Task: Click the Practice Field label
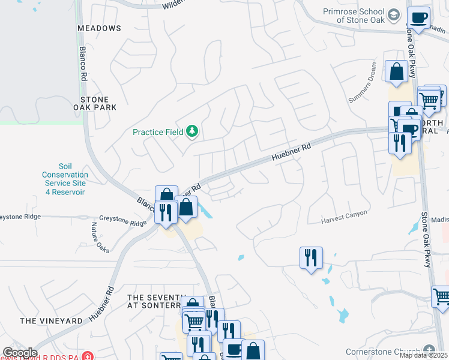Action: click(158, 131)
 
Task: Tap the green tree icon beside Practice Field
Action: click(192, 131)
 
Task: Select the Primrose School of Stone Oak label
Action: click(357, 16)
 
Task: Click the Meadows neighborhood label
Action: click(99, 28)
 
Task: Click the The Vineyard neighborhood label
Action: click(51, 321)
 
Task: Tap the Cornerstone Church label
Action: click(384, 352)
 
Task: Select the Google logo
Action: click(20, 353)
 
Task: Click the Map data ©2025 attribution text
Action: click(423, 355)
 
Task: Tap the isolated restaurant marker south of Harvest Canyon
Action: click(311, 258)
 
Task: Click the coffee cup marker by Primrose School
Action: click(418, 17)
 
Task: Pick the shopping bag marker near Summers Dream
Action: click(396, 72)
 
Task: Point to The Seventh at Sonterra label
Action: click(154, 301)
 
